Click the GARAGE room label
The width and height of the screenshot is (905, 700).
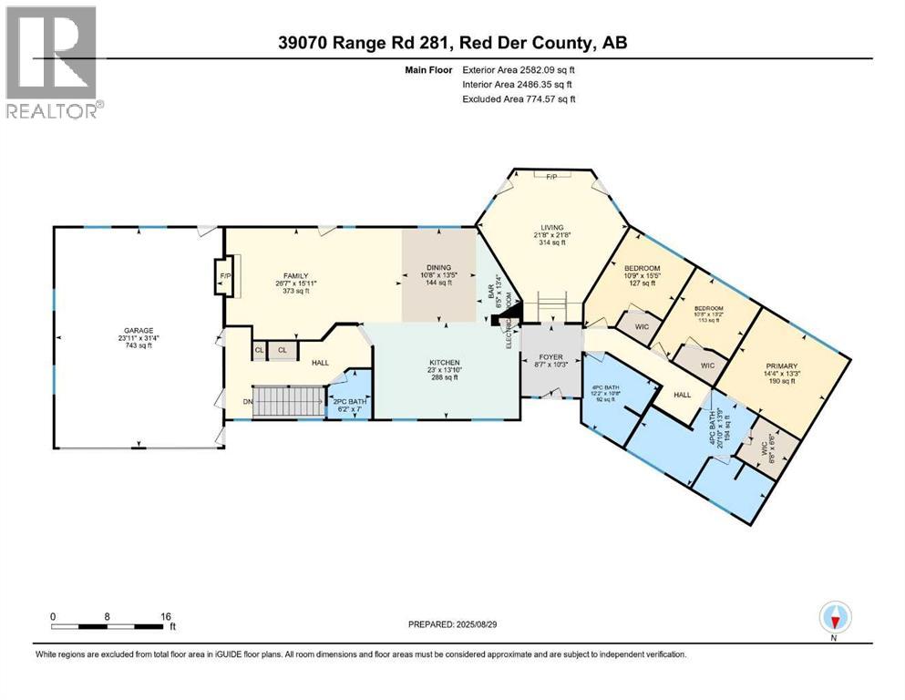pyautogui.click(x=139, y=331)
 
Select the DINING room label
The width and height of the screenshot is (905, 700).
pyautogui.click(x=439, y=267)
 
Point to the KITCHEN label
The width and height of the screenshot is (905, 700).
pyautogui.click(x=445, y=363)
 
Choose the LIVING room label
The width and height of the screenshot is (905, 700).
pyautogui.click(x=551, y=228)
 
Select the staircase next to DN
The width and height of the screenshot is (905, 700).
pyautogui.click(x=289, y=401)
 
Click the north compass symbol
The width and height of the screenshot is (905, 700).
pyautogui.click(x=835, y=618)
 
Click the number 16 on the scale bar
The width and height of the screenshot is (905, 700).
pyautogui.click(x=166, y=616)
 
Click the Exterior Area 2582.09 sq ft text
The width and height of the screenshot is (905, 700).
pyautogui.click(x=519, y=68)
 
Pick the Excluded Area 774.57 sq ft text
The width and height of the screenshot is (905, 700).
pyautogui.click(x=519, y=98)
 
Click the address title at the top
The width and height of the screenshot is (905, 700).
pyautogui.click(x=452, y=43)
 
